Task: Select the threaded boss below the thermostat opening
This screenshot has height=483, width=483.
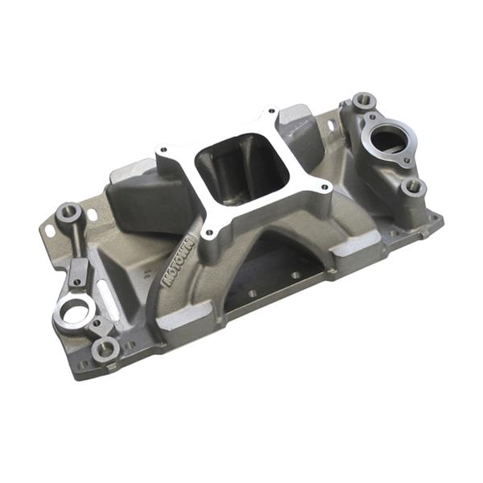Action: [x=413, y=187]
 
